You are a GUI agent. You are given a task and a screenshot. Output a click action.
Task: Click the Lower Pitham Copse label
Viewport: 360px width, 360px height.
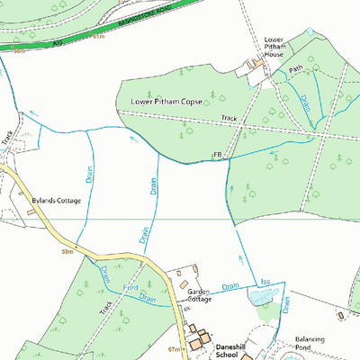click(166, 103)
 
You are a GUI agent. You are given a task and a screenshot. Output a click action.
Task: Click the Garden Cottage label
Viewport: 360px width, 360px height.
click(198, 298)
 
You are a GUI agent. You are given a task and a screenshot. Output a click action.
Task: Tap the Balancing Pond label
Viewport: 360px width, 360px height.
click(315, 346)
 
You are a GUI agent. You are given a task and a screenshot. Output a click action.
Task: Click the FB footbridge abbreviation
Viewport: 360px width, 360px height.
click(217, 156)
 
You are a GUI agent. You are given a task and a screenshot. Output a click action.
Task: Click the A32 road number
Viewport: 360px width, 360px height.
click(58, 40)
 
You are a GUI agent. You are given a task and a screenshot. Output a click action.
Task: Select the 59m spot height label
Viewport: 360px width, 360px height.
click(67, 253)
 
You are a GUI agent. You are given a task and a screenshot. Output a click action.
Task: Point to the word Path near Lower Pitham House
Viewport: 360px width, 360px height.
click(295, 68)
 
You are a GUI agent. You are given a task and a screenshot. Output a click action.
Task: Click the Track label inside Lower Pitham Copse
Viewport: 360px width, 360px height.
click(229, 118)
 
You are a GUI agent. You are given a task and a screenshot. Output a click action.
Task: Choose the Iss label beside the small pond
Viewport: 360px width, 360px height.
click(265, 282)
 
